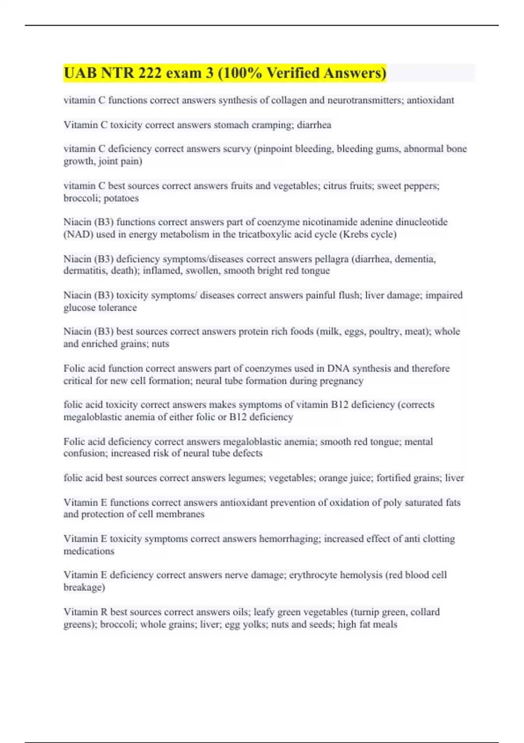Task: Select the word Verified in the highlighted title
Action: click(x=293, y=73)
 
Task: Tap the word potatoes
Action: click(x=119, y=198)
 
